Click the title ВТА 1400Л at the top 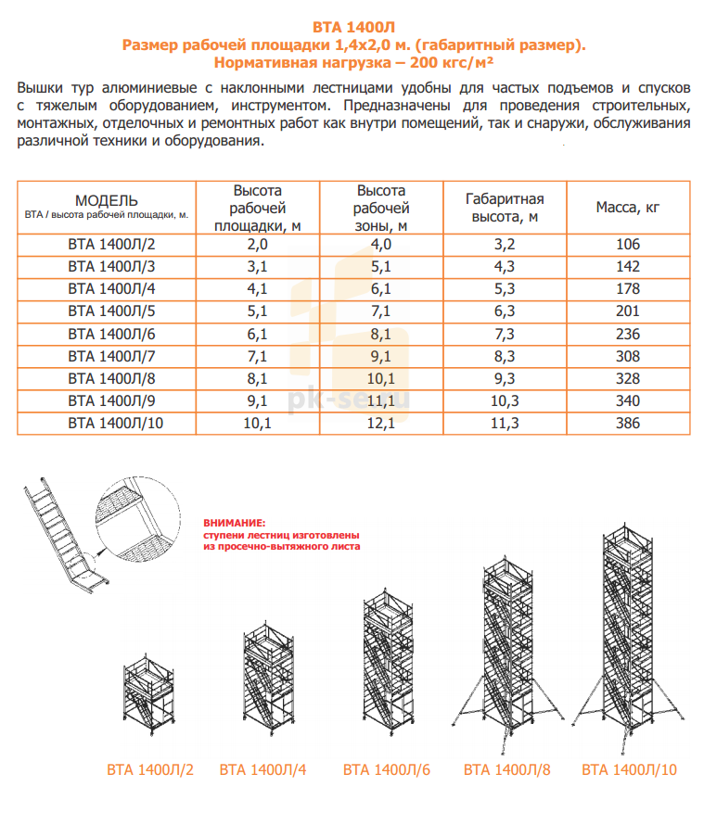coord(353,27)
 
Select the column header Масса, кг coord(628,208)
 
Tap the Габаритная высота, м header coord(505,208)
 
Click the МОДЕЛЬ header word coord(107,200)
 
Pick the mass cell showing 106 coord(628,244)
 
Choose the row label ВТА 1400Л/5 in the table coord(111,311)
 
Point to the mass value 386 coord(628,423)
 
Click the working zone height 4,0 coord(380,244)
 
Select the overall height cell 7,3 coord(505,334)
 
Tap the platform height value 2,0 coord(258,244)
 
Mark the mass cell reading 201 coord(628,311)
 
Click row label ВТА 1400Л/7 coord(111,356)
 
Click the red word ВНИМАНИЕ coord(235,523)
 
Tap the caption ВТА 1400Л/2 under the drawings coord(150,769)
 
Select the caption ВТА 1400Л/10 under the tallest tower coord(629,769)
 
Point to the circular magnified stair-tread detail coord(138,518)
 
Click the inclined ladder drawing coord(66,536)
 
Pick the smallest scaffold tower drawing coord(149,693)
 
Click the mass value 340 coord(628,401)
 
